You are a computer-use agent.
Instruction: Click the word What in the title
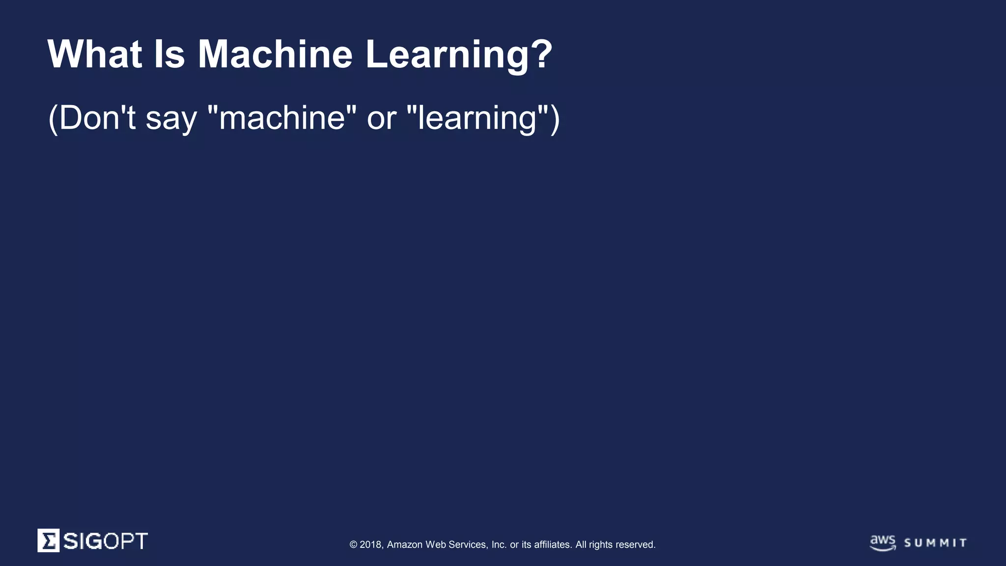(x=95, y=54)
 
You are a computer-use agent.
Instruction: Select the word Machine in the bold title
(x=275, y=54)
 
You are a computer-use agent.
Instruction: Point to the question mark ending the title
(x=542, y=54)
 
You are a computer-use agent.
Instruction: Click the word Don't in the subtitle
(x=97, y=118)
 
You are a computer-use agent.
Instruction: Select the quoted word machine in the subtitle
(x=282, y=118)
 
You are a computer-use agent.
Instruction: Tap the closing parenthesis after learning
(x=555, y=119)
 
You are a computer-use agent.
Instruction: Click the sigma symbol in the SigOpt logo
(x=49, y=540)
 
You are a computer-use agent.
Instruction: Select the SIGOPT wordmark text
(x=105, y=541)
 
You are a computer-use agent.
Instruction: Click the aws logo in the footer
(x=883, y=542)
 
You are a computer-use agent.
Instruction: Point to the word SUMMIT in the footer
(x=935, y=543)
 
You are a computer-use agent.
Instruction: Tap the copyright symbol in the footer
(x=353, y=544)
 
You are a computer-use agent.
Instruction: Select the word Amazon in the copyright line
(x=405, y=544)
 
